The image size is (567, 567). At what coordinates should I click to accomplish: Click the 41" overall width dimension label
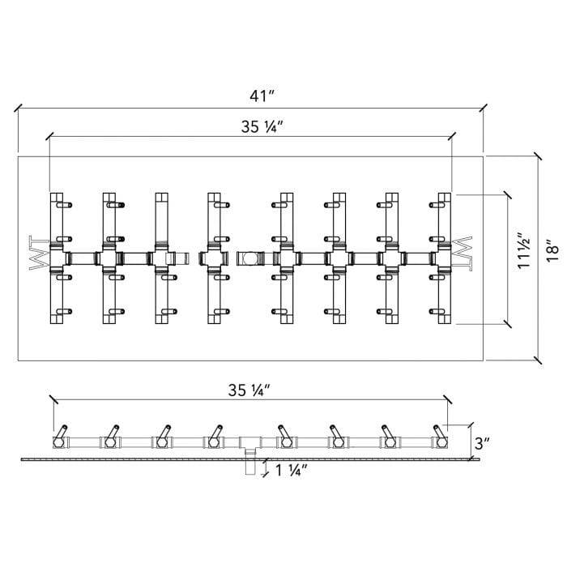[262, 96]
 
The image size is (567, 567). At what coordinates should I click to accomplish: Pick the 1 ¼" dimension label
[289, 471]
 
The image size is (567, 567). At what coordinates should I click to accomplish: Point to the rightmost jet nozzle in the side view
[441, 436]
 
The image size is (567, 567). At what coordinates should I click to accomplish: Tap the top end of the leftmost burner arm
[55, 197]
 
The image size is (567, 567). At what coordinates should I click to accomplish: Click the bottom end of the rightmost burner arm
[443, 321]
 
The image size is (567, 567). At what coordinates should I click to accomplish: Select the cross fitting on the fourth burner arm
[214, 258]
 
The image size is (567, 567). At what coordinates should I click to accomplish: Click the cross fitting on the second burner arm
[109, 258]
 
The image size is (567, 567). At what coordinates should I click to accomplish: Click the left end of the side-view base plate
[23, 459]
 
